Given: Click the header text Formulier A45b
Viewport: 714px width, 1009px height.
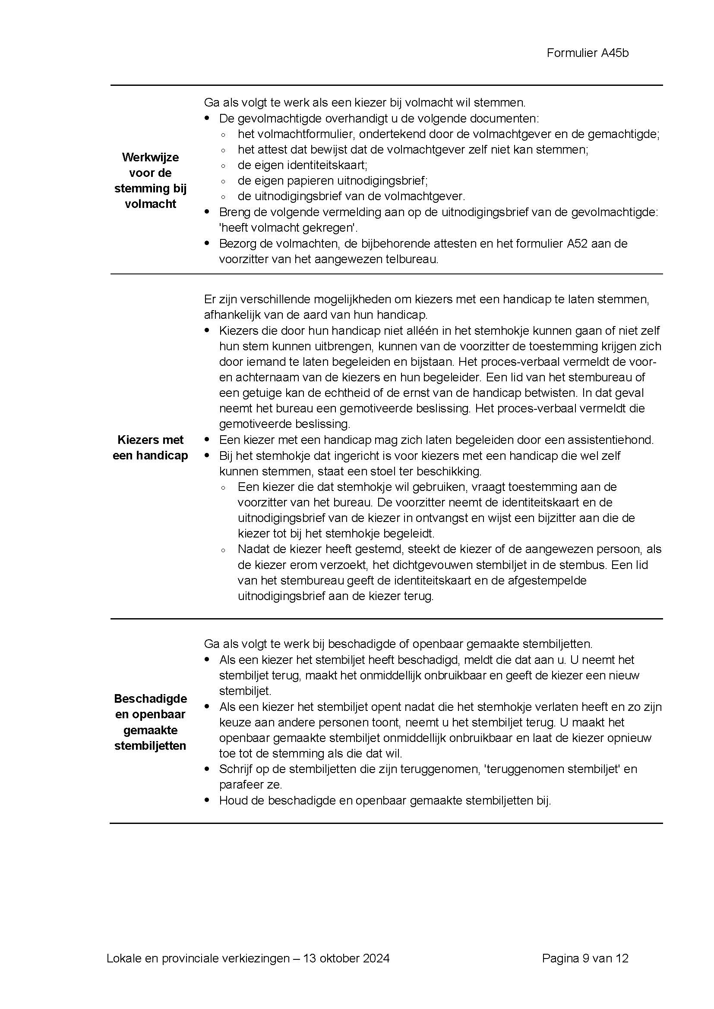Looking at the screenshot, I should tap(588, 53).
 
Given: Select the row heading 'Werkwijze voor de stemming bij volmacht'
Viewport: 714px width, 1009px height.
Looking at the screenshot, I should tap(150, 181).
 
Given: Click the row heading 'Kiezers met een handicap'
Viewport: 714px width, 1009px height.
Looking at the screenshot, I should tap(150, 447).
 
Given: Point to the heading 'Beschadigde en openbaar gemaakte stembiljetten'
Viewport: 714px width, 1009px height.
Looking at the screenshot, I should tap(150, 722).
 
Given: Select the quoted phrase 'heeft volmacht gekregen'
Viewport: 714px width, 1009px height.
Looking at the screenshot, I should tap(288, 228).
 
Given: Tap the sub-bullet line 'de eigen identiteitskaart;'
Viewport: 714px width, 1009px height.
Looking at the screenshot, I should tap(303, 165).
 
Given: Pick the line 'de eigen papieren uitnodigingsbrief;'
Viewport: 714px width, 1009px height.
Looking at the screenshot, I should tap(332, 181).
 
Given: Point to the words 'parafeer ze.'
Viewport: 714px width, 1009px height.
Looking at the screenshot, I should tap(251, 784).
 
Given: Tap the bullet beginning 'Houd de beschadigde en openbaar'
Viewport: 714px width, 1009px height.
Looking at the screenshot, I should tap(385, 800).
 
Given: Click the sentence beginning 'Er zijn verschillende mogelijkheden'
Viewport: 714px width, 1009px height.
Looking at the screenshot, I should tap(427, 299).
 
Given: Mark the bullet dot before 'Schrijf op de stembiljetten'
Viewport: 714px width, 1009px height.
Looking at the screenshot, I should tap(207, 769).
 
